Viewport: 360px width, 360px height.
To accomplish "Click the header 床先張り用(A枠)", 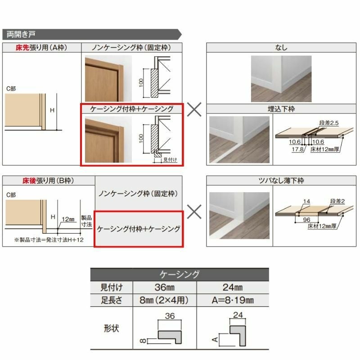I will click(x=41, y=47).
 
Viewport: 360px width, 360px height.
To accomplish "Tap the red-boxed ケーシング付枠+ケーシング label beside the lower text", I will click(x=139, y=229).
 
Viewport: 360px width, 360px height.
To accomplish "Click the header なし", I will click(x=281, y=47).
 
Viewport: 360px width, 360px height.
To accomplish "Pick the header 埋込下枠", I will click(x=281, y=109).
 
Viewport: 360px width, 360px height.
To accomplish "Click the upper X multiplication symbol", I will click(x=194, y=109).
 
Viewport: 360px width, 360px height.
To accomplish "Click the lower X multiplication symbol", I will click(x=194, y=211).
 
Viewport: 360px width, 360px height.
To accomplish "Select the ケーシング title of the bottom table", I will click(x=180, y=274).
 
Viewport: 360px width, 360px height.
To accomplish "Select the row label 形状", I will click(x=112, y=328).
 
